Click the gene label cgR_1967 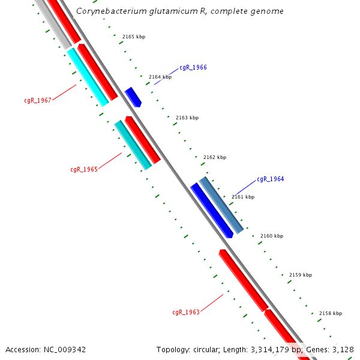click(x=38, y=100)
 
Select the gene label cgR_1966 click(x=193, y=68)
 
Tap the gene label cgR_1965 click(x=84, y=169)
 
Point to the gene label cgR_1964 click(x=271, y=179)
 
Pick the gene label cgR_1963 click(x=186, y=312)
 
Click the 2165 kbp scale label click(x=134, y=37)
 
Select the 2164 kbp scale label click(x=160, y=77)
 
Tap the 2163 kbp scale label click(x=187, y=118)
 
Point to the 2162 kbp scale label click(x=215, y=157)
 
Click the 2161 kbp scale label click(x=243, y=197)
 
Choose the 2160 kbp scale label click(x=271, y=236)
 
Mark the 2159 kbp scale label click(x=301, y=275)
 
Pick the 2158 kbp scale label click(x=331, y=313)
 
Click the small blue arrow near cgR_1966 click(x=133, y=97)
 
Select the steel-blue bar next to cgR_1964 click(x=222, y=205)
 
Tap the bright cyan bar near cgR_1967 click(x=88, y=77)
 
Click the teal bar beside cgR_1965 click(x=133, y=145)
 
